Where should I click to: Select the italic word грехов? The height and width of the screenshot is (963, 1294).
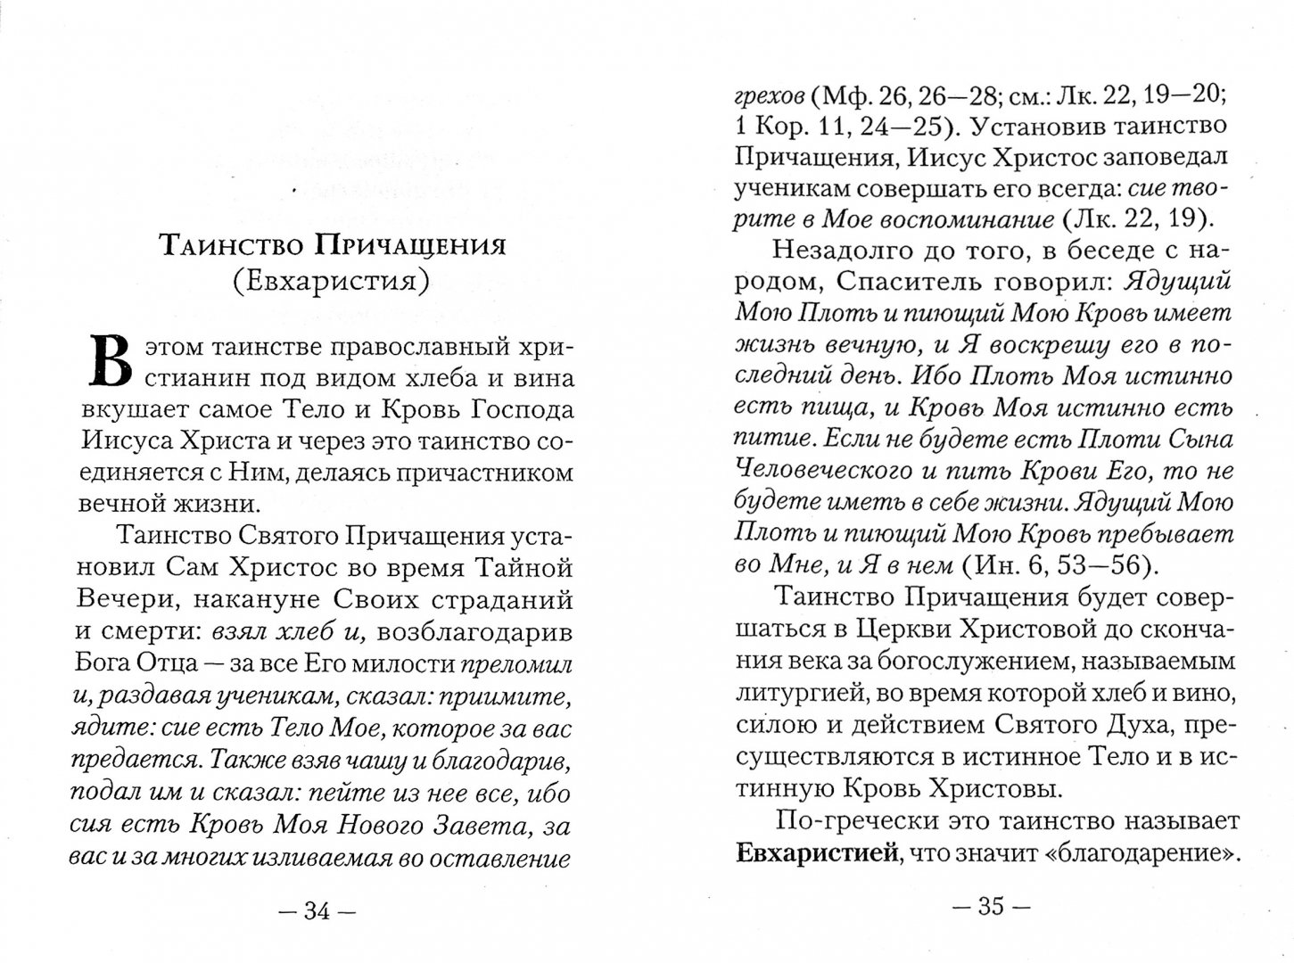coord(770,92)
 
